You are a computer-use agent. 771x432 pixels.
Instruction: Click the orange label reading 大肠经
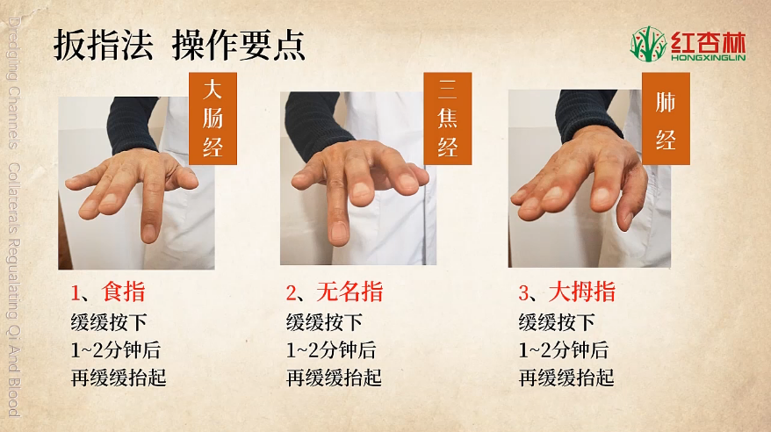(x=213, y=119)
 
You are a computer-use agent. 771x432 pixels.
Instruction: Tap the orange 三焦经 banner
(x=448, y=119)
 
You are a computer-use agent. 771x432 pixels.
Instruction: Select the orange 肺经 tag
(x=666, y=119)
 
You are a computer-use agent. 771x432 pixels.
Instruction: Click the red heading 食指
(x=124, y=292)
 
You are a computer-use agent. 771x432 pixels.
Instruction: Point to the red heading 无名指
(x=349, y=292)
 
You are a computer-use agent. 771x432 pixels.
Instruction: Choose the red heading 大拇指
(x=582, y=292)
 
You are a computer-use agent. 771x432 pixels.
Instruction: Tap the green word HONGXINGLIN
(x=709, y=57)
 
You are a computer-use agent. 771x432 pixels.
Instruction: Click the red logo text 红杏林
(x=709, y=42)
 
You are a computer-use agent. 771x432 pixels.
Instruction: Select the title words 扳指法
(x=103, y=45)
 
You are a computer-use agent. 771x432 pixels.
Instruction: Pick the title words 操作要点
(x=239, y=45)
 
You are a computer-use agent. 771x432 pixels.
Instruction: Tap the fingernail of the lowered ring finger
(x=340, y=232)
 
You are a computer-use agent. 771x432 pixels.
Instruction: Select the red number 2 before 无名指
(x=291, y=293)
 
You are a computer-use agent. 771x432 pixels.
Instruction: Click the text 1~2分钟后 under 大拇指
(x=564, y=350)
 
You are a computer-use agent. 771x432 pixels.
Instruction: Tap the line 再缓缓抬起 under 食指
(x=119, y=378)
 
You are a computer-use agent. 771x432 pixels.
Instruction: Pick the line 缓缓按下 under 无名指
(x=324, y=323)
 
